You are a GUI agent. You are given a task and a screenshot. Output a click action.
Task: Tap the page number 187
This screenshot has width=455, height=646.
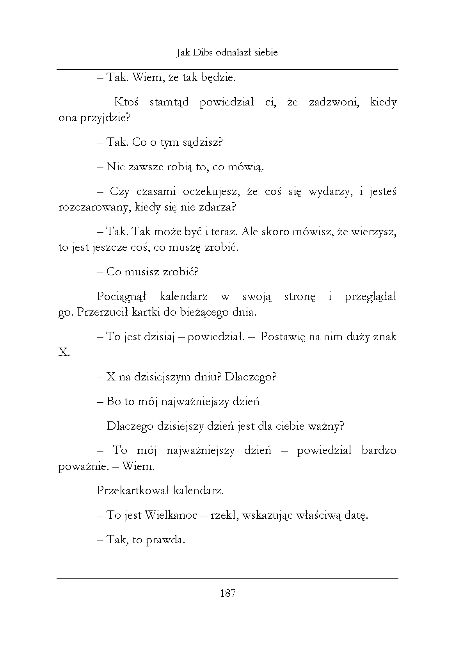(x=227, y=594)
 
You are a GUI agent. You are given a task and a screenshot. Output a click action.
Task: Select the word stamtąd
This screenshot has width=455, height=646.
(x=169, y=102)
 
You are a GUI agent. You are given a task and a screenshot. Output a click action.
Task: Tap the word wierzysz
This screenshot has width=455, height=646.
(x=373, y=232)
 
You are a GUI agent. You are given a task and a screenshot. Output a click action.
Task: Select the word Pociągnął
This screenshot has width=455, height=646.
(x=121, y=296)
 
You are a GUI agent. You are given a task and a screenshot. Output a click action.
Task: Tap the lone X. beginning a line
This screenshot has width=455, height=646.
(x=64, y=353)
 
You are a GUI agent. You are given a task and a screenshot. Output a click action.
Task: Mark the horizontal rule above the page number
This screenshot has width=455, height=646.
(x=227, y=578)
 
